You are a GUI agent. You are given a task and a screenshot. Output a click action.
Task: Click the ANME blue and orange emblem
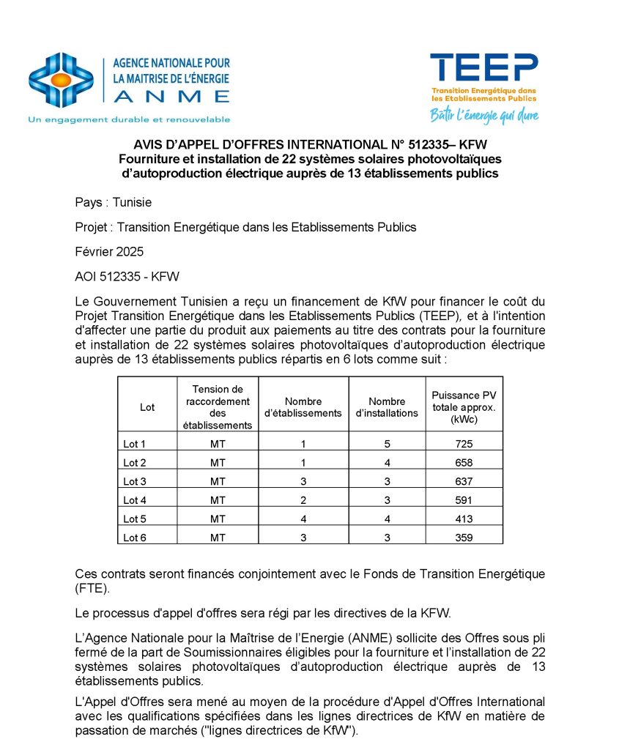[x=61, y=80]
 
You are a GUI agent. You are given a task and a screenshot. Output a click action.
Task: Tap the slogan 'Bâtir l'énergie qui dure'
[x=484, y=115]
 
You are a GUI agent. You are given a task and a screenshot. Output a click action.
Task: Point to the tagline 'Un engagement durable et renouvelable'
[x=129, y=119]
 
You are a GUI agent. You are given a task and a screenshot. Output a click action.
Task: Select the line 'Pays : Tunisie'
[x=114, y=202]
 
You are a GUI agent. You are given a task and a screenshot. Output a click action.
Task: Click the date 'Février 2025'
[x=109, y=251]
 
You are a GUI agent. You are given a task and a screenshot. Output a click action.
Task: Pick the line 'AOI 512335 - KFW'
[x=127, y=276]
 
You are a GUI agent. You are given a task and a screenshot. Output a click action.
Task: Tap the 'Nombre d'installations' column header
[x=387, y=407]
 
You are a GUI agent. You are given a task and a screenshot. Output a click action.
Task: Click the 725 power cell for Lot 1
[x=464, y=444]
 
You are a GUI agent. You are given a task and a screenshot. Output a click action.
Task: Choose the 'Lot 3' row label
[x=135, y=481]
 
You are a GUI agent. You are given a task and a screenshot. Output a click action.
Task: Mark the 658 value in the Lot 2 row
[x=464, y=463]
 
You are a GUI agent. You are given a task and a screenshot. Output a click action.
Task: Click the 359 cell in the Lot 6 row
[x=464, y=538]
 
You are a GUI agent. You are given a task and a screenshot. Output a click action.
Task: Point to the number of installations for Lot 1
[x=387, y=444]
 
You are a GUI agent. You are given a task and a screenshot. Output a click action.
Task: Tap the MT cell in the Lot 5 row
[x=218, y=519]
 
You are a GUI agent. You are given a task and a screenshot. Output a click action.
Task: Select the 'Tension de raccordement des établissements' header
[x=218, y=407]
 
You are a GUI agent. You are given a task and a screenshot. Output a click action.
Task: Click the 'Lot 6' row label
[x=135, y=538]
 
